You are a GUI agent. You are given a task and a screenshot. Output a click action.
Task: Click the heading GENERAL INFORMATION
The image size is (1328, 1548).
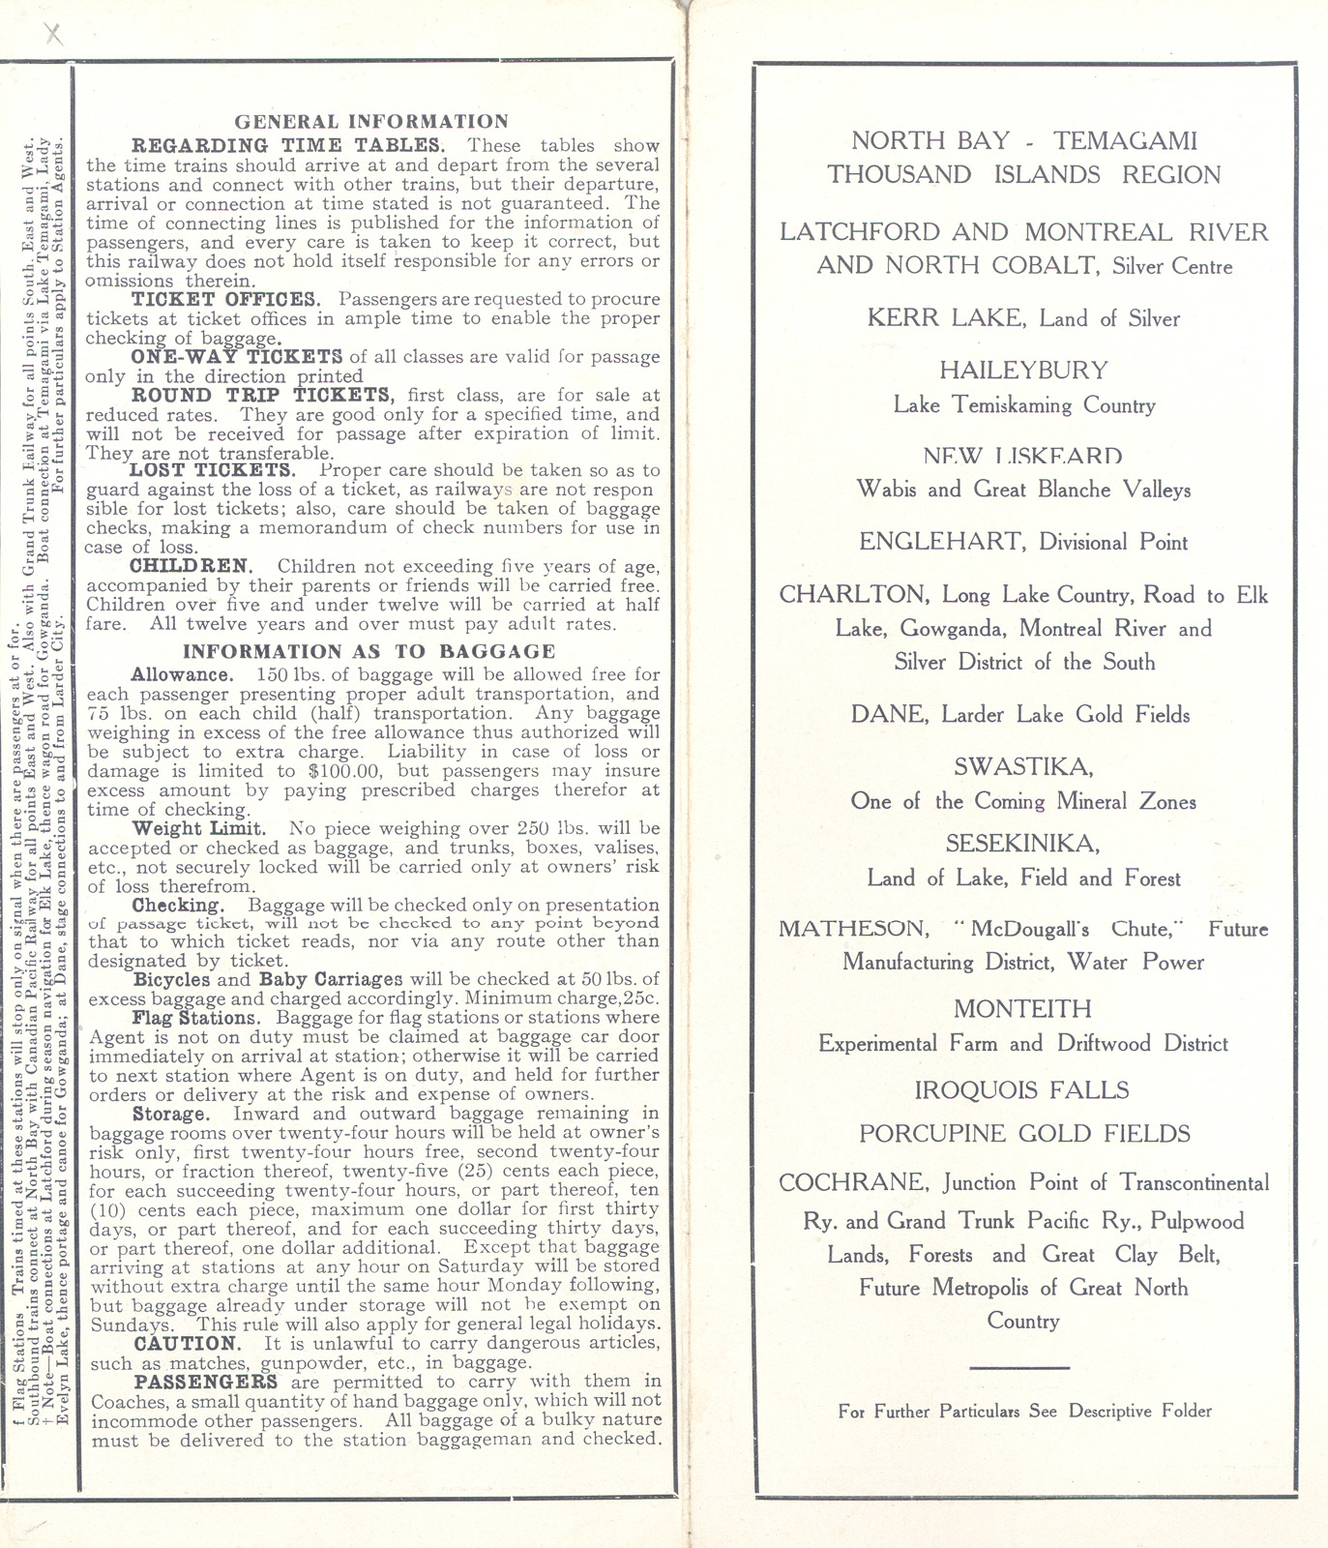pyautogui.click(x=371, y=122)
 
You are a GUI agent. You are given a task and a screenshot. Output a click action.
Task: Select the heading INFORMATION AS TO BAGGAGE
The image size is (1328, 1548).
pyautogui.click(x=369, y=652)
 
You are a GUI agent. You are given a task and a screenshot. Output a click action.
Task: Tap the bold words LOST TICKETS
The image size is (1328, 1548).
pyautogui.click(x=213, y=471)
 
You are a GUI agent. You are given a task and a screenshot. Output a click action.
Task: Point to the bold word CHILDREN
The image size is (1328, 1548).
pyautogui.click(x=192, y=566)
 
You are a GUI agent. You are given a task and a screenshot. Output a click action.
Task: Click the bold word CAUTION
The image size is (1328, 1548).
pyautogui.click(x=186, y=1344)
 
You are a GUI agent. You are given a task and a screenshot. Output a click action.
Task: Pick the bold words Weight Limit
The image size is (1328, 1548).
pyautogui.click(x=199, y=829)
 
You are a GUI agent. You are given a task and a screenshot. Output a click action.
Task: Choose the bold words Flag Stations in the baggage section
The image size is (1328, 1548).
pyautogui.click(x=196, y=1018)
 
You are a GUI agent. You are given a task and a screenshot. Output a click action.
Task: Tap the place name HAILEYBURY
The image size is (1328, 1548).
pyautogui.click(x=1023, y=371)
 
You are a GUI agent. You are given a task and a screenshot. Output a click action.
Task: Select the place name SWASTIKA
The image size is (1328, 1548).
pyautogui.click(x=1023, y=767)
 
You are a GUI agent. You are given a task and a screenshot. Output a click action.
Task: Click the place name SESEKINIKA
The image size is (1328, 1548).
pyautogui.click(x=1023, y=844)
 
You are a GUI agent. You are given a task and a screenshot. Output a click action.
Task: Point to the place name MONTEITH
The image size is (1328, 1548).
pyautogui.click(x=1022, y=1009)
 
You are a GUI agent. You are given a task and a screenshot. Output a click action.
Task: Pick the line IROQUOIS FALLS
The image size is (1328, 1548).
pyautogui.click(x=1022, y=1090)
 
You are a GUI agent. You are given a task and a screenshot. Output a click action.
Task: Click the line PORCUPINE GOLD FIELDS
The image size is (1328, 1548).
pyautogui.click(x=1024, y=1134)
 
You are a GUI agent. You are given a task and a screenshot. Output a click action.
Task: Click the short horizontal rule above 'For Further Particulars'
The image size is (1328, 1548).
pyautogui.click(x=1018, y=1367)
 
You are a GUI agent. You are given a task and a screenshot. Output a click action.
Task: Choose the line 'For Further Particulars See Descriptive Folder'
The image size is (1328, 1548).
pyautogui.click(x=1024, y=1412)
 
